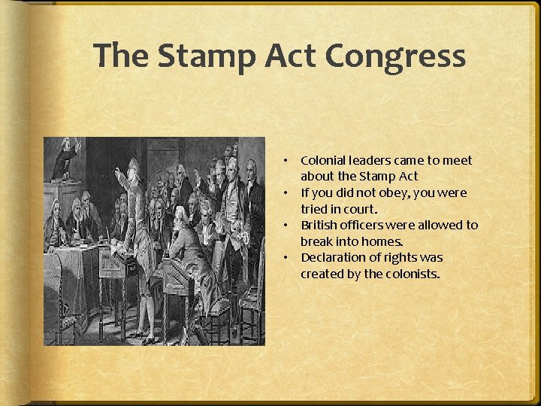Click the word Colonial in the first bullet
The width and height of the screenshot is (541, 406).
(x=323, y=160)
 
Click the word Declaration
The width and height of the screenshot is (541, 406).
(x=331, y=257)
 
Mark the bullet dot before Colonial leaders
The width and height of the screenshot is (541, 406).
(x=286, y=161)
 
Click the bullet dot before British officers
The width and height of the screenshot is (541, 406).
(x=286, y=226)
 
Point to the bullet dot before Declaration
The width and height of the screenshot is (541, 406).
(x=286, y=258)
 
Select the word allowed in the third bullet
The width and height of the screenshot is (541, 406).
(x=443, y=225)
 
